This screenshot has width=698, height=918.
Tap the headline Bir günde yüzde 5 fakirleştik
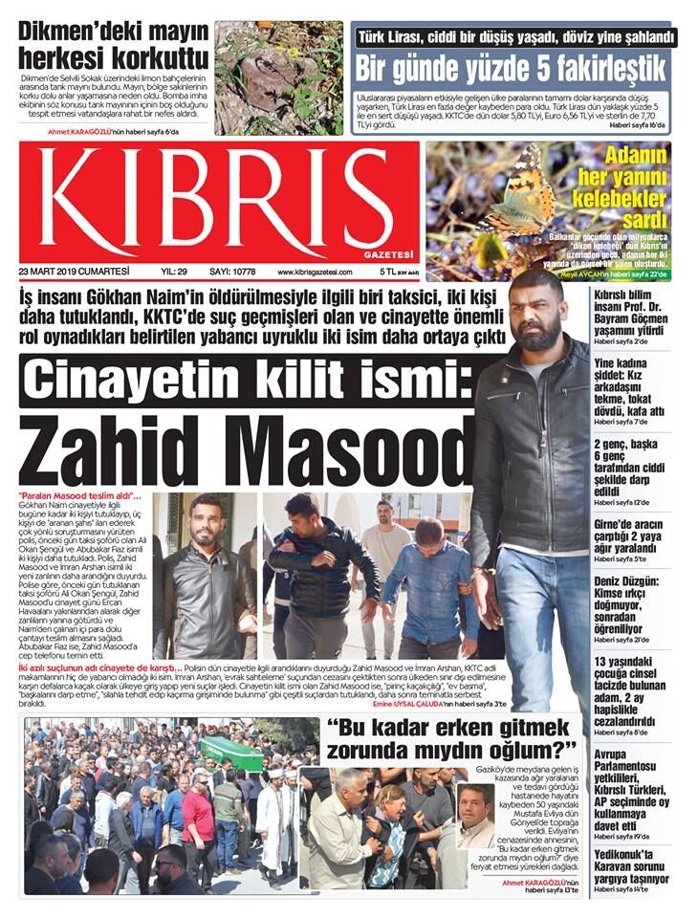[x=511, y=68]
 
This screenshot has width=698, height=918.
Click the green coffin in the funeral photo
[x=230, y=752]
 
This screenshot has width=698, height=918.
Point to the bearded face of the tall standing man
[x=534, y=320]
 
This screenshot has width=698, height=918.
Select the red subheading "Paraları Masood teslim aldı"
[x=79, y=495]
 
